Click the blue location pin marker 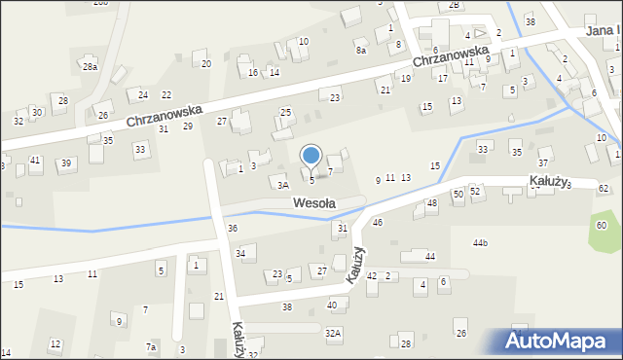(x=311, y=156)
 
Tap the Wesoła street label (x=314, y=203)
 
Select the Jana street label (x=603, y=31)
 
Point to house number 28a (x=90, y=67)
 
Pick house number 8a (x=360, y=50)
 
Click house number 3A (x=283, y=184)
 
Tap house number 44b (x=480, y=242)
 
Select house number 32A (x=334, y=333)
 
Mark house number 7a (x=151, y=347)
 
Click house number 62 (x=604, y=188)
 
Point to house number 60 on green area (x=603, y=226)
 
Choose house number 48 (x=432, y=203)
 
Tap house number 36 (x=233, y=228)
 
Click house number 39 (x=66, y=162)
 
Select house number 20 (x=206, y=64)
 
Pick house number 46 (x=378, y=223)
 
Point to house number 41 (x=35, y=160)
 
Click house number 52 (x=475, y=191)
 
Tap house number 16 (x=253, y=73)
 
